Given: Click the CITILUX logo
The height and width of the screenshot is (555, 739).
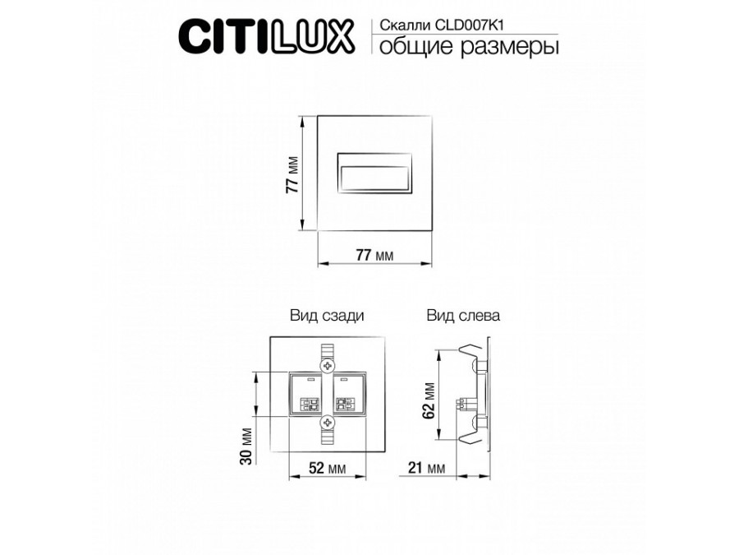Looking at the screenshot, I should point(266,36).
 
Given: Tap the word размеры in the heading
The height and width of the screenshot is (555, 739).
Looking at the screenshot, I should point(512,46).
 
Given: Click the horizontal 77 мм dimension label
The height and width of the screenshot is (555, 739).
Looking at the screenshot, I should point(374,255).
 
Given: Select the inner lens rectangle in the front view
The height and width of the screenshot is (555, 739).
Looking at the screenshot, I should point(374,174).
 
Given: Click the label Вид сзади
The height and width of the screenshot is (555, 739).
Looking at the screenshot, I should point(327,315).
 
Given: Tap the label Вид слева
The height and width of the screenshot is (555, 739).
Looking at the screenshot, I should point(463,315).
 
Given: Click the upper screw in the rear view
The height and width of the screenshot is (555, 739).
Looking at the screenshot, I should point(328,363).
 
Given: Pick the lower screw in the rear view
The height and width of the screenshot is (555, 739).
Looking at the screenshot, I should point(328,422).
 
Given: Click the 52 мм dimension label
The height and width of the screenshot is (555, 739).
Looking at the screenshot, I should point(327,469).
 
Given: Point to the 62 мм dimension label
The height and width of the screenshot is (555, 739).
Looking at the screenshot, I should point(428,400).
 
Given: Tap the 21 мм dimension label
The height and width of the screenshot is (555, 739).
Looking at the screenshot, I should point(425,469).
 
